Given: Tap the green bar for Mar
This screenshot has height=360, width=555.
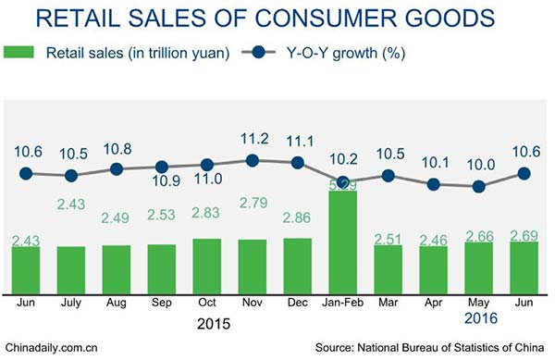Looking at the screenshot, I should tap(388, 266).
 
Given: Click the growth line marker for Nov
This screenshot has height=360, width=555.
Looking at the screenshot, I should tap(253, 160).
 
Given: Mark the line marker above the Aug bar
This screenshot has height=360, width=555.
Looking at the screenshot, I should tap(117, 169).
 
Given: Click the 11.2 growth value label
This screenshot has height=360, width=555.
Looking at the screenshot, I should tap(253, 139).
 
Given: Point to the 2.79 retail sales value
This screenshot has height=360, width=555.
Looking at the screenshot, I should tap(253, 202).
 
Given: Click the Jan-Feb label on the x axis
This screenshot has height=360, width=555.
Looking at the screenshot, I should tap(343, 302).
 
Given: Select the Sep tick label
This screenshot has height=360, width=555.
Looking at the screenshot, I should tap(162, 302).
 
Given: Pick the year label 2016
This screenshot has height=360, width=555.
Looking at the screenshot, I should tap(479, 318).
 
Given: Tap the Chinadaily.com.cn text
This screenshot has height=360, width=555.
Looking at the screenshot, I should tap(50, 349).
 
